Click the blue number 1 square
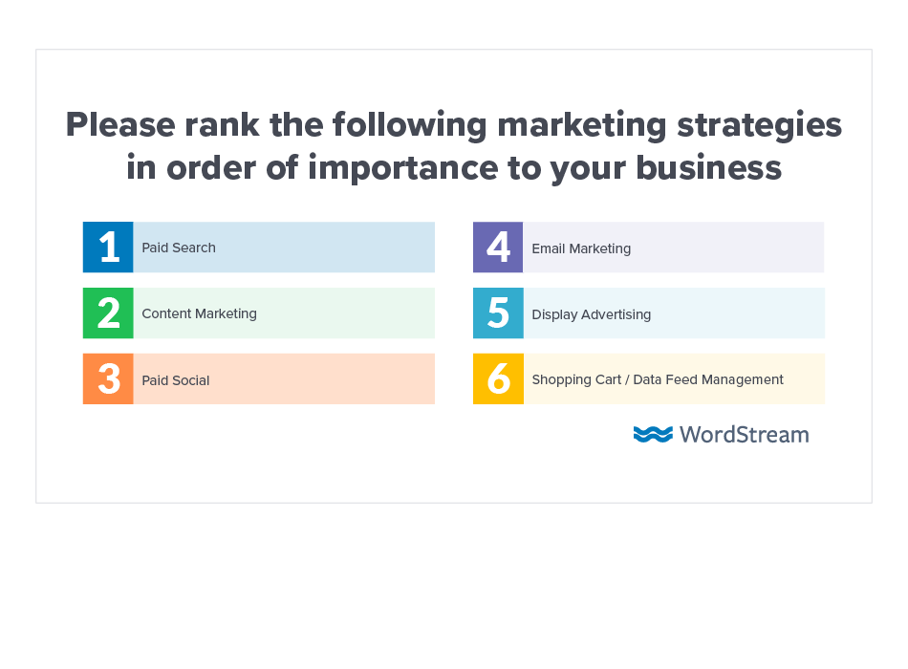click(x=108, y=248)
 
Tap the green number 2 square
click(x=108, y=313)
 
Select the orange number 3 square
click(x=108, y=379)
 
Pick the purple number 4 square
click(x=498, y=248)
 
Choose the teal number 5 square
click(x=498, y=313)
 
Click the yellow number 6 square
click(x=498, y=379)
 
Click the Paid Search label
click(x=179, y=248)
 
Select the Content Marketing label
click(x=199, y=313)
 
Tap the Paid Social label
click(x=176, y=380)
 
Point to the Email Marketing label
click(x=581, y=248)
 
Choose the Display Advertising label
click(x=592, y=314)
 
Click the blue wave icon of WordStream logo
click(x=653, y=435)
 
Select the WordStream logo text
click(x=744, y=435)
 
